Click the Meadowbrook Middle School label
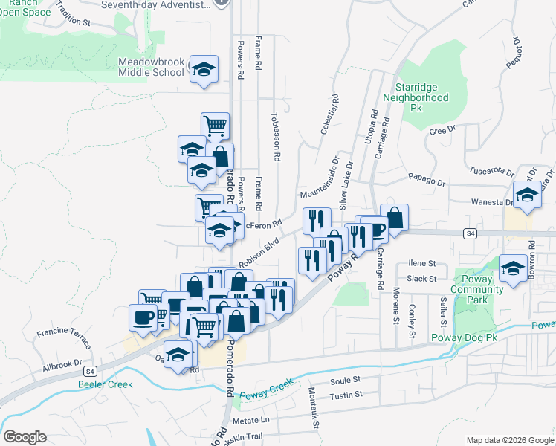point(151,67)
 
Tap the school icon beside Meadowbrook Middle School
point(204,69)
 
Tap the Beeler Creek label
point(105,384)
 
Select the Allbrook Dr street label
point(62,365)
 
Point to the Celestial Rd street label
point(330,114)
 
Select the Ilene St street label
point(421,263)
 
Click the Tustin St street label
point(346,394)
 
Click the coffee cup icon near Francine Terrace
point(143,318)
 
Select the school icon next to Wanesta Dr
point(527,196)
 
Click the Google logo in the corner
point(25,437)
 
